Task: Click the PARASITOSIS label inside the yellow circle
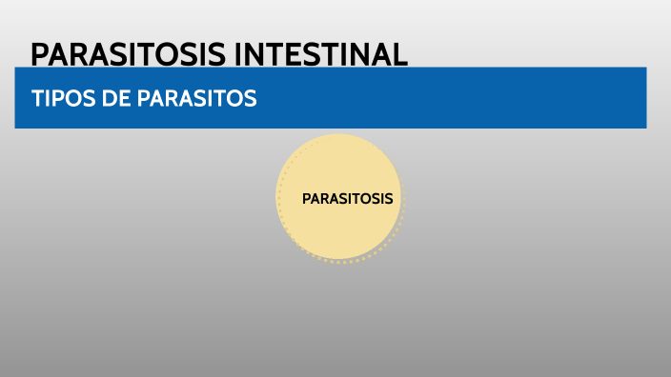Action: [x=347, y=199]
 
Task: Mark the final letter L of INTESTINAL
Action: [x=400, y=54]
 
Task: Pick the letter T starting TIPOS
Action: [x=36, y=99]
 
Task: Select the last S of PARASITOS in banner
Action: [x=251, y=99]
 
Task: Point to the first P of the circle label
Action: [x=306, y=199]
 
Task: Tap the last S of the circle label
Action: [x=389, y=199]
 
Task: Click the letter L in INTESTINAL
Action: [x=400, y=54]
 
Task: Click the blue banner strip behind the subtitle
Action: [x=477, y=99]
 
